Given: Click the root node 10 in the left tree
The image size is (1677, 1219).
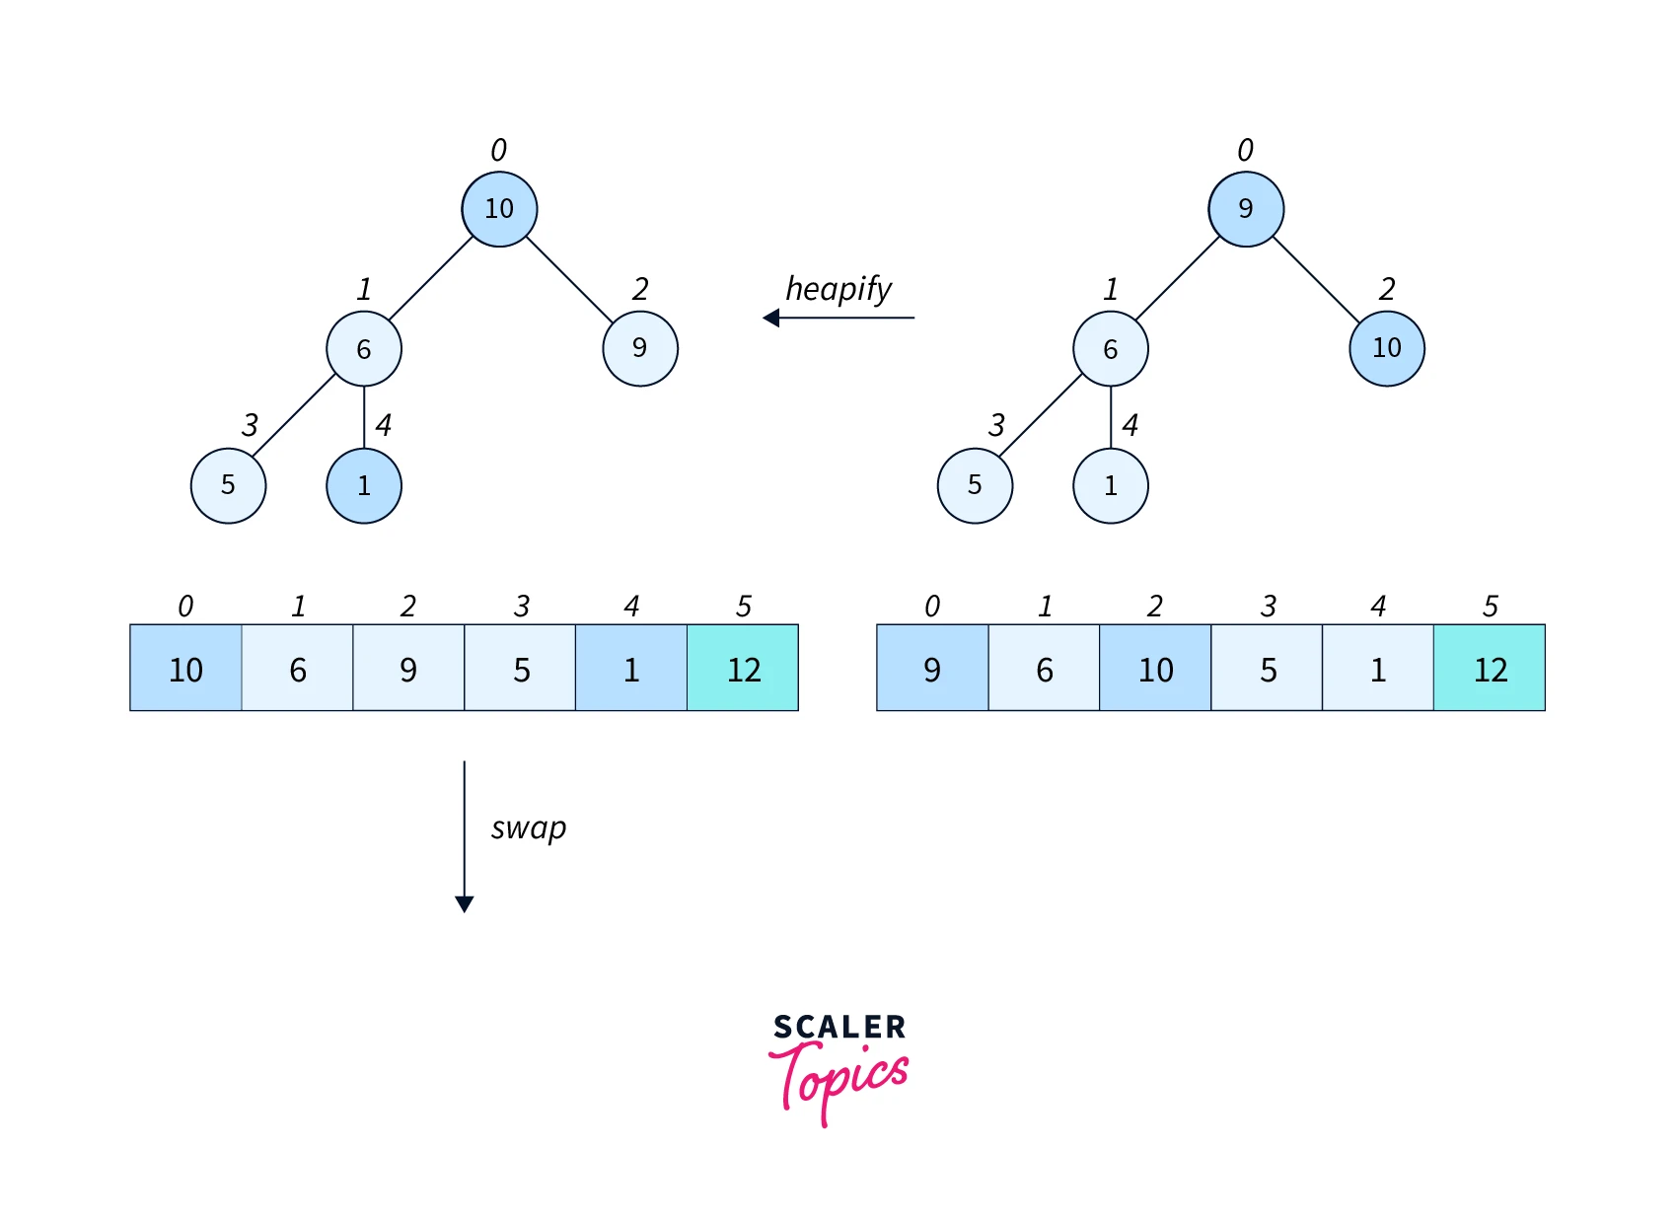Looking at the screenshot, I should [499, 209].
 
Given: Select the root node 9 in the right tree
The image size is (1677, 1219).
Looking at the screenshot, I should [1246, 209].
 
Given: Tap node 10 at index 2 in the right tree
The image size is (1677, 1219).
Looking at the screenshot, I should [1386, 348].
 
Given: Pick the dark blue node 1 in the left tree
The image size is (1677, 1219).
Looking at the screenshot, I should [364, 485].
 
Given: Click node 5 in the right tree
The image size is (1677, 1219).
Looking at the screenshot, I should [975, 485].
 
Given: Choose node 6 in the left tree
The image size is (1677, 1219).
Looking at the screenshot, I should [364, 349].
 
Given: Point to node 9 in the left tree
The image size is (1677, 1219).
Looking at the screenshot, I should [640, 348].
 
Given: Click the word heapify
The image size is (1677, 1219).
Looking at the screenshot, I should [838, 289].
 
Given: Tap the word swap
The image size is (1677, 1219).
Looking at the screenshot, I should [529, 828].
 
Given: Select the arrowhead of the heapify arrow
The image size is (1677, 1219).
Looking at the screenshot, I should [771, 318].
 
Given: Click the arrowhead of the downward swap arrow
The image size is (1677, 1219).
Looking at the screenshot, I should [465, 903].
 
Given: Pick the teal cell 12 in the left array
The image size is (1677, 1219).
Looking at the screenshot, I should [743, 669].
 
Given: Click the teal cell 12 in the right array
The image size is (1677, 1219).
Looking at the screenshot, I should [1490, 669].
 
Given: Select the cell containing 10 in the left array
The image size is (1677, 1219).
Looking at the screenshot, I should [185, 669].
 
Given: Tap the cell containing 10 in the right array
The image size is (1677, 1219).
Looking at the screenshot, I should [1155, 669].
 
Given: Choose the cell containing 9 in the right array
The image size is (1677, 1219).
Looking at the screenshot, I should [932, 669].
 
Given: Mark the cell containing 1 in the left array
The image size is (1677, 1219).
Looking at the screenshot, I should [631, 669].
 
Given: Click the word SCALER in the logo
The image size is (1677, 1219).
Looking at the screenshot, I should [839, 1028].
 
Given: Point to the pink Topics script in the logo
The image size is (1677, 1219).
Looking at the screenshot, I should [839, 1080].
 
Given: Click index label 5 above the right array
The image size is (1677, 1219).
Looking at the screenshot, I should [1491, 607].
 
